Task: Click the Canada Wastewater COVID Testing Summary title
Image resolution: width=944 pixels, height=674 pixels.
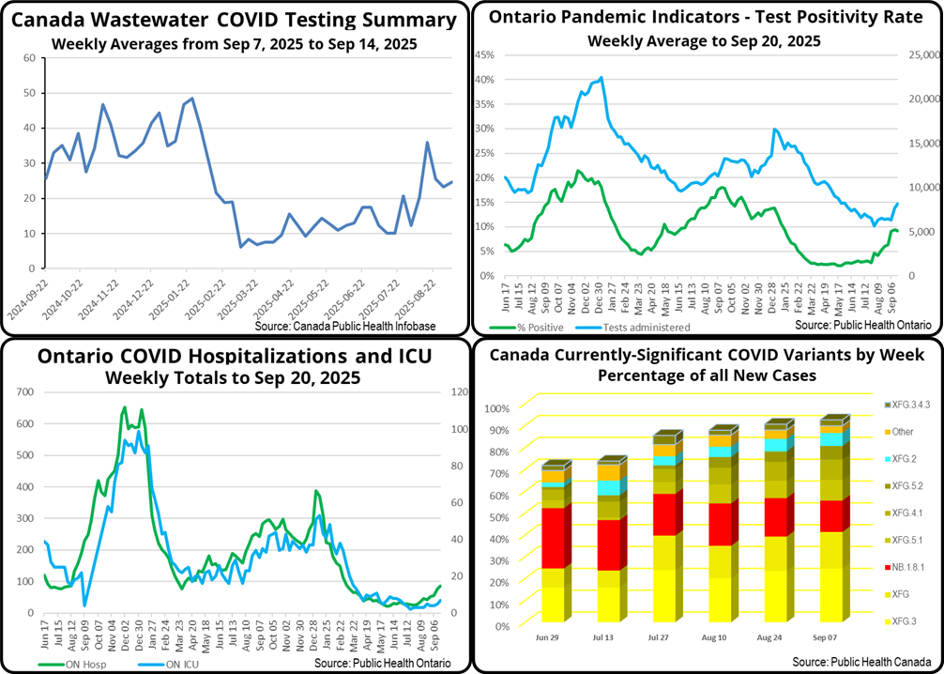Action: click(x=235, y=20)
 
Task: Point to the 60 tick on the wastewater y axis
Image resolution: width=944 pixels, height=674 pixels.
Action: click(x=29, y=58)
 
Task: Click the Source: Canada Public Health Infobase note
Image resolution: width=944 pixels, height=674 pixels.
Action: click(x=358, y=326)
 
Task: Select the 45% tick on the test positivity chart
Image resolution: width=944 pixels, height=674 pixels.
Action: click(x=484, y=54)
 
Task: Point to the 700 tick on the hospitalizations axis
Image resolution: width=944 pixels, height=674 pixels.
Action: click(x=23, y=392)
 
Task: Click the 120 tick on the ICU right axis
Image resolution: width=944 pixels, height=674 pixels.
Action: click(x=460, y=392)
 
